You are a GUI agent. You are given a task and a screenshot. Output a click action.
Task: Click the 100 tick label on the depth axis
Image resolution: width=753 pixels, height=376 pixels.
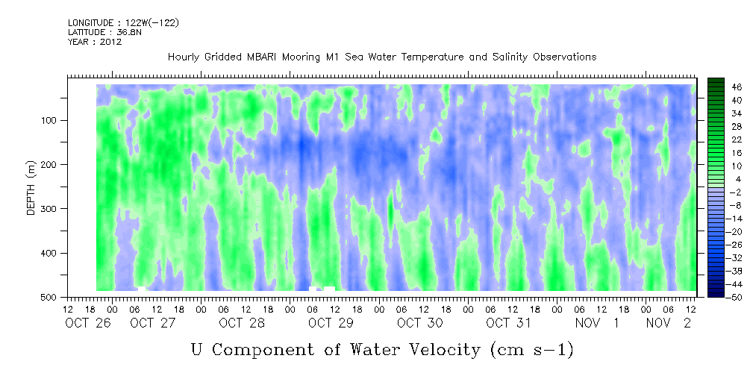pyautogui.click(x=51, y=120)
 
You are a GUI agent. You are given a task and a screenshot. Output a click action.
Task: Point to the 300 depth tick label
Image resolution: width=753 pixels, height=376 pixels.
pyautogui.click(x=51, y=209)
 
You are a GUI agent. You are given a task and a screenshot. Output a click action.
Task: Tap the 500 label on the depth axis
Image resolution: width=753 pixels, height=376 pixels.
pyautogui.click(x=51, y=297)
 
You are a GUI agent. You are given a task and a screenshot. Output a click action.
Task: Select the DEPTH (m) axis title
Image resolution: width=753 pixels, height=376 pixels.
pyautogui.click(x=31, y=187)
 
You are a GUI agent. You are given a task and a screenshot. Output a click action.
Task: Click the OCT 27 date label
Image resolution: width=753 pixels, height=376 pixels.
pyautogui.click(x=153, y=323)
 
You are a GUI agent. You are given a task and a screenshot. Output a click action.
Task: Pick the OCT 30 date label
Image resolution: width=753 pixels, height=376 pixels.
pyautogui.click(x=419, y=323)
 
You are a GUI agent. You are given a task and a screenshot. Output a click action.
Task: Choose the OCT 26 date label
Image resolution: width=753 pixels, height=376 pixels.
pyautogui.click(x=88, y=323)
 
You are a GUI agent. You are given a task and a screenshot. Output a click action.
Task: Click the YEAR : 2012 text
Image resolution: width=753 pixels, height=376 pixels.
pyautogui.click(x=95, y=42)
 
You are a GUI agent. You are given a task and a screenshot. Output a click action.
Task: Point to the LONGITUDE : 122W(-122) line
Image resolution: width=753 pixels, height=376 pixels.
pyautogui.click(x=123, y=22)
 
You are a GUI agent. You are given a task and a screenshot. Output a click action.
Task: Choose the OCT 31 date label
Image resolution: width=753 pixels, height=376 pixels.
pyautogui.click(x=508, y=323)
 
